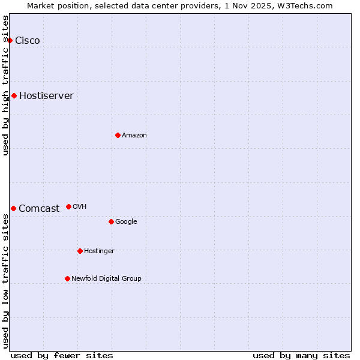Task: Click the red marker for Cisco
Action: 10,40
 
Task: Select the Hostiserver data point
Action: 14,95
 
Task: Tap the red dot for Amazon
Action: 118,135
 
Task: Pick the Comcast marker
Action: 13,208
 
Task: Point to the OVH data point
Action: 68,206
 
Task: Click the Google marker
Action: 111,221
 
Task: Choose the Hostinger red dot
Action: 80,251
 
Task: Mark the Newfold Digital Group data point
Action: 67,278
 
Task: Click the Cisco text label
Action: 28,41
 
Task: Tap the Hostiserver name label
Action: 46,96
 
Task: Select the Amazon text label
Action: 134,136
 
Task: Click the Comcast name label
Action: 39,209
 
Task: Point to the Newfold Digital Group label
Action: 106,279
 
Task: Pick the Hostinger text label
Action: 99,251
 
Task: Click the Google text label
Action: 126,222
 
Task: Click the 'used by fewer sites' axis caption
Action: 62,356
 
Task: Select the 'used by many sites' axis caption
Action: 301,356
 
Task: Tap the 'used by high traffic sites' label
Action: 6,85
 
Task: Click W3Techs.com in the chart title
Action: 307,5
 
